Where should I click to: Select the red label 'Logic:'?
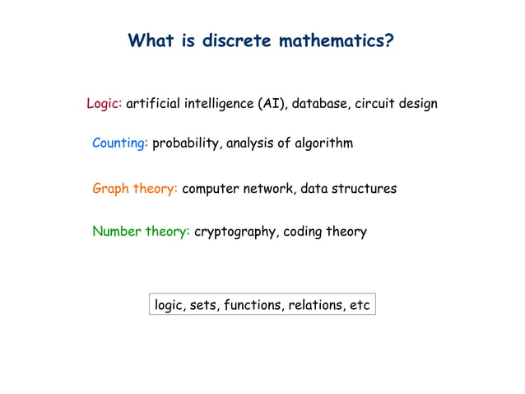click(x=105, y=104)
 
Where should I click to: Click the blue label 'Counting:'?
click(x=120, y=143)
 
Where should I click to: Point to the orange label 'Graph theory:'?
click(x=135, y=189)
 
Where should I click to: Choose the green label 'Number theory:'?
click(x=141, y=232)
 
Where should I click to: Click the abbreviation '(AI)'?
click(x=271, y=104)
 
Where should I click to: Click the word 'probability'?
click(x=185, y=143)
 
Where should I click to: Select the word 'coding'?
click(x=305, y=232)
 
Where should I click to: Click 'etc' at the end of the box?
click(x=360, y=306)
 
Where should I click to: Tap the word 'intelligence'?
click(x=214, y=104)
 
